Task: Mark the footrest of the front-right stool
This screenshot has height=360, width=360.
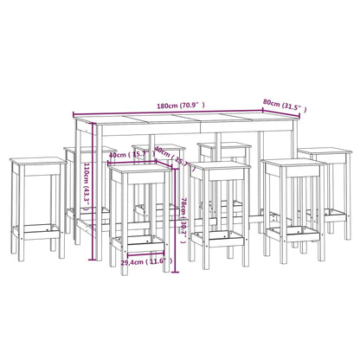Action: point(289,232)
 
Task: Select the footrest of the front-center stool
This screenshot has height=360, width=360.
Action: point(221,236)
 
